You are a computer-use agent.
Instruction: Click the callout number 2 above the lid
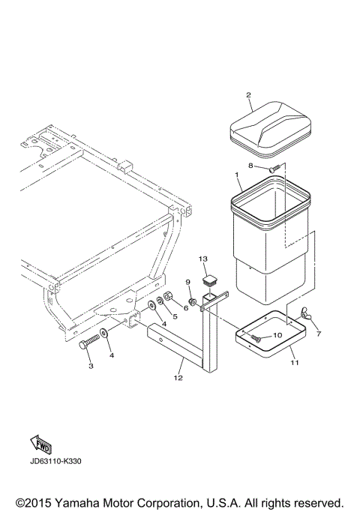coord(248,95)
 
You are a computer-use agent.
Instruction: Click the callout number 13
coord(202,259)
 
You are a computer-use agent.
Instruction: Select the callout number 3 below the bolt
coord(91,366)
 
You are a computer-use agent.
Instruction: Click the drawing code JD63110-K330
coord(56,461)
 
